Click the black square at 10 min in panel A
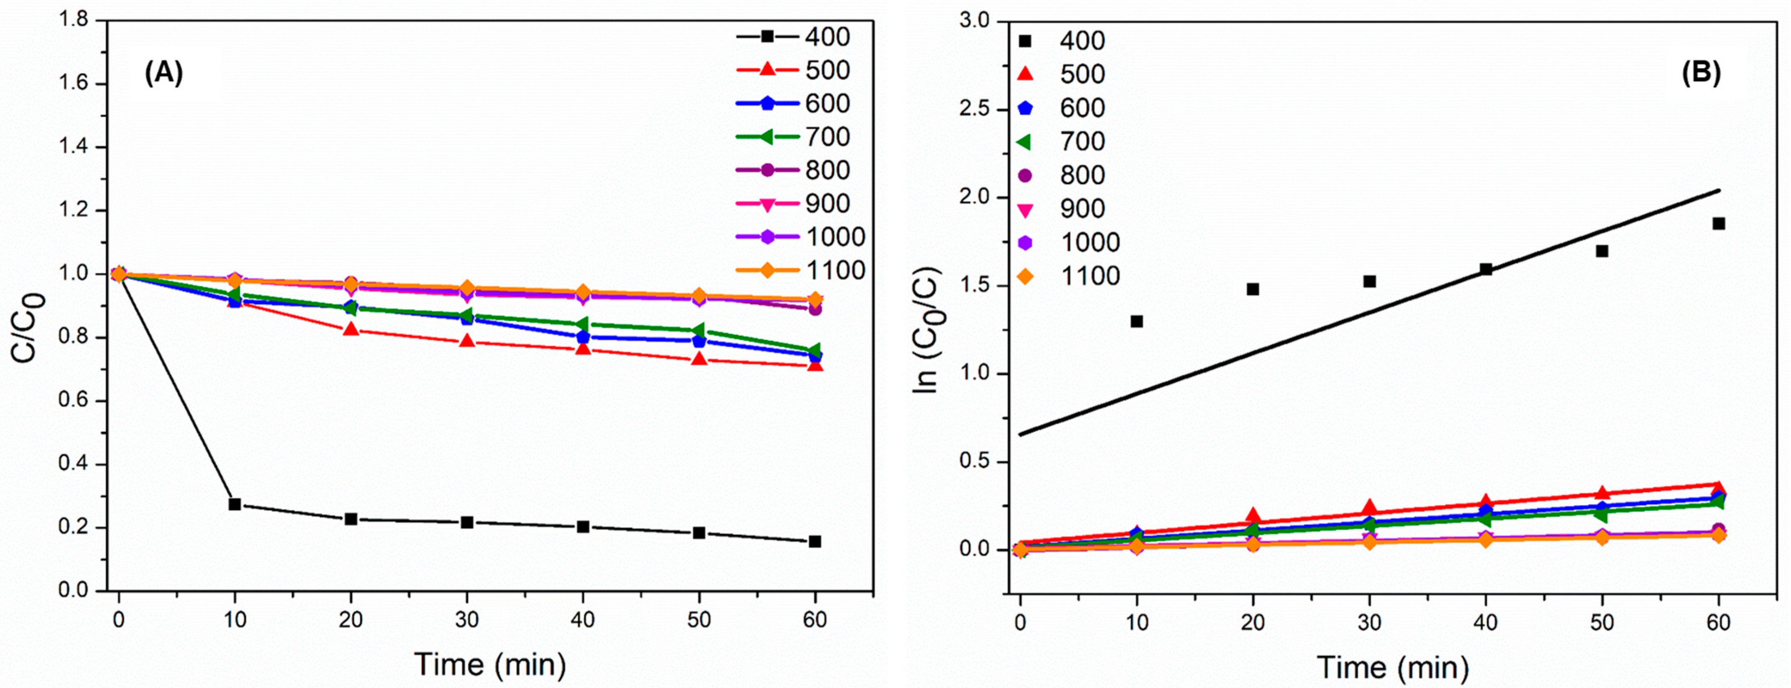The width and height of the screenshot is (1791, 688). click(x=235, y=504)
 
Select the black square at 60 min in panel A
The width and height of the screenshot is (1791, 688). click(x=815, y=541)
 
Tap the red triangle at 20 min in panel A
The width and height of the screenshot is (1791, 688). click(x=351, y=329)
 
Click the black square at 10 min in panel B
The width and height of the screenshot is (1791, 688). click(x=1137, y=321)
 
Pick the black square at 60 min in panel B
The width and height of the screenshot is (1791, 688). click(x=1719, y=223)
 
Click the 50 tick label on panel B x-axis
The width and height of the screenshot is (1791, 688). click(x=1602, y=622)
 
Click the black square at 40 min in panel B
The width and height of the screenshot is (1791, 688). click(x=1486, y=269)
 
